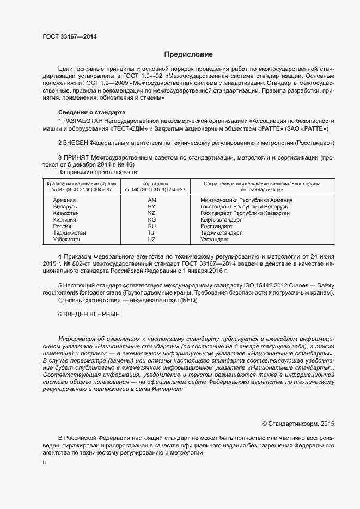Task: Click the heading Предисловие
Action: pyautogui.click(x=189, y=54)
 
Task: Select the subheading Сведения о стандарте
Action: pyautogui.click(x=87, y=112)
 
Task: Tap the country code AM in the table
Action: pyautogui.click(x=151, y=200)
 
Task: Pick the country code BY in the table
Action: pyautogui.click(x=151, y=207)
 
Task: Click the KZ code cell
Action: pyautogui.click(x=151, y=213)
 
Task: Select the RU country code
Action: pyautogui.click(x=151, y=226)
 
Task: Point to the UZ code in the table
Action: pyautogui.click(x=151, y=239)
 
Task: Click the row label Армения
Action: pyautogui.click(x=64, y=200)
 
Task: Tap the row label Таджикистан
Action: pyautogui.click(x=70, y=232)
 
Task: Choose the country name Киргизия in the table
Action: pyautogui.click(x=65, y=220)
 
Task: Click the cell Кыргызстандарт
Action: pyautogui.click(x=221, y=220)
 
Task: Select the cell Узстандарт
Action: pyautogui.click(x=215, y=239)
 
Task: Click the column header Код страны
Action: pyautogui.click(x=155, y=184)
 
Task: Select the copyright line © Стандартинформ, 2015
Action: pyautogui.click(x=298, y=423)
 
